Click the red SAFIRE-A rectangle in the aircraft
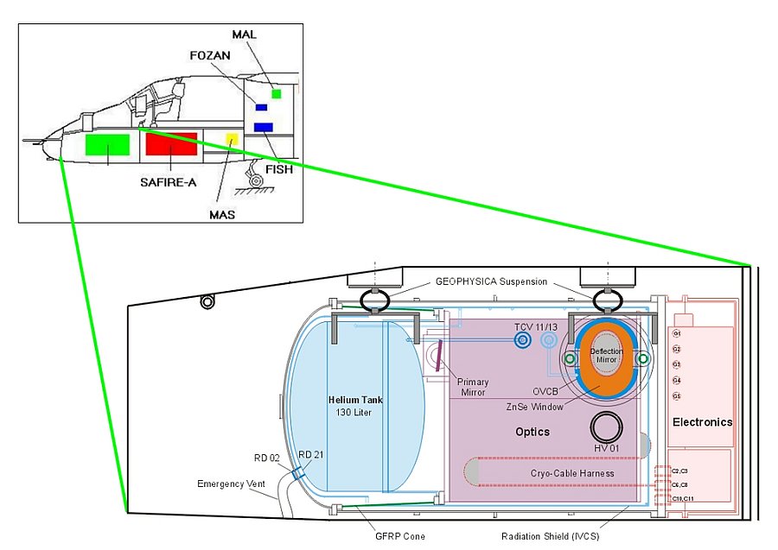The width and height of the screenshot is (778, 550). pyautogui.click(x=172, y=143)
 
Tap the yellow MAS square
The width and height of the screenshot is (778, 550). pyautogui.click(x=231, y=139)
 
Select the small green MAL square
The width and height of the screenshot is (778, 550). pyautogui.click(x=277, y=93)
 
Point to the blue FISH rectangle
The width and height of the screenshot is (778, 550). pyautogui.click(x=264, y=128)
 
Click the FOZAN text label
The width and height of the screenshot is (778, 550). pyautogui.click(x=209, y=55)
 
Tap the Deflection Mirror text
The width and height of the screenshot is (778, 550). pyautogui.click(x=607, y=356)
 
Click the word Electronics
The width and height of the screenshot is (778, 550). pyautogui.click(x=702, y=422)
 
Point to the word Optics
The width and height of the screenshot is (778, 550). pyautogui.click(x=532, y=431)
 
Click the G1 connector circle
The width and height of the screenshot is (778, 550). pyautogui.click(x=677, y=333)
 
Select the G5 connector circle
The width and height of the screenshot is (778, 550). pyautogui.click(x=677, y=395)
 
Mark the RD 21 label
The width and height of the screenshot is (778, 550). pyautogui.click(x=310, y=455)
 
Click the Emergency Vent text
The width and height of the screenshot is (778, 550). pyautogui.click(x=232, y=484)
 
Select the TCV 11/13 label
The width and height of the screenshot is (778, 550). pyautogui.click(x=530, y=326)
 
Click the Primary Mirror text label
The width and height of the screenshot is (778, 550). pyautogui.click(x=473, y=387)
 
